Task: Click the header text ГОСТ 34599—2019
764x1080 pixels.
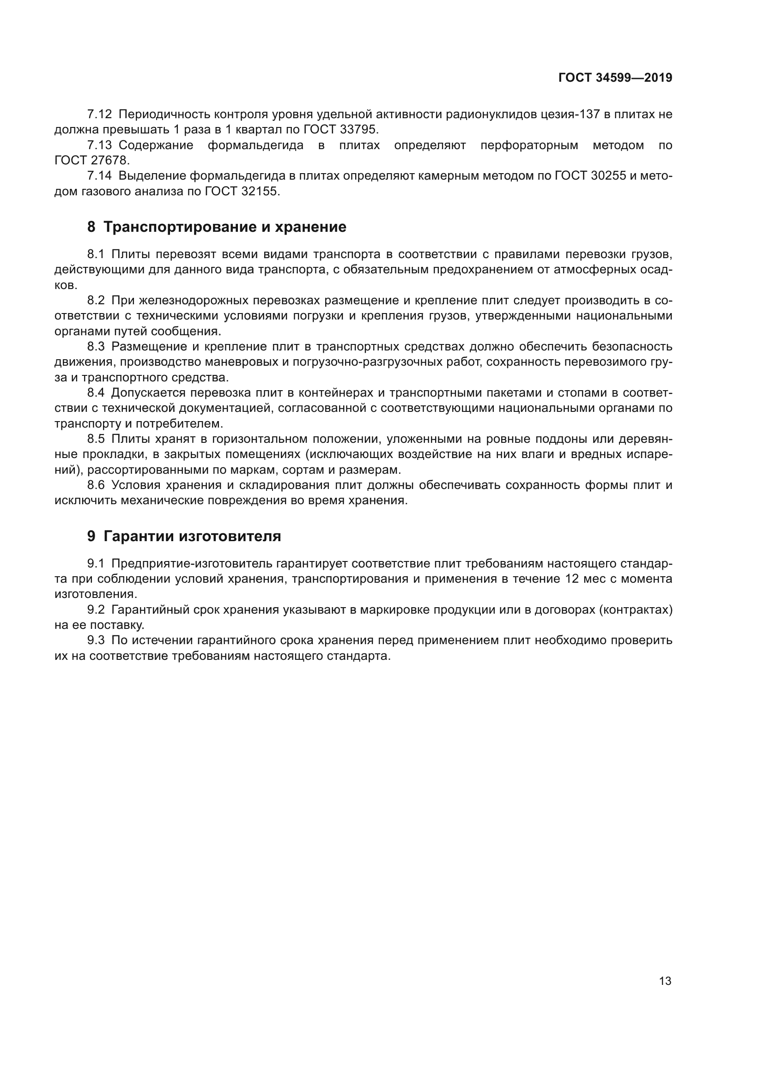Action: [615, 78]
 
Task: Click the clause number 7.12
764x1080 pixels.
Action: [99, 115]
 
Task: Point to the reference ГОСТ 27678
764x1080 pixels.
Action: [92, 160]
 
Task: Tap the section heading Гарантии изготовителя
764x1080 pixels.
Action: [192, 536]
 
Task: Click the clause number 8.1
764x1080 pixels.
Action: [96, 254]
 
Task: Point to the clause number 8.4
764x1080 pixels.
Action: [96, 393]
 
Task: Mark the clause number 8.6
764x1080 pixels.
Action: [96, 485]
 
